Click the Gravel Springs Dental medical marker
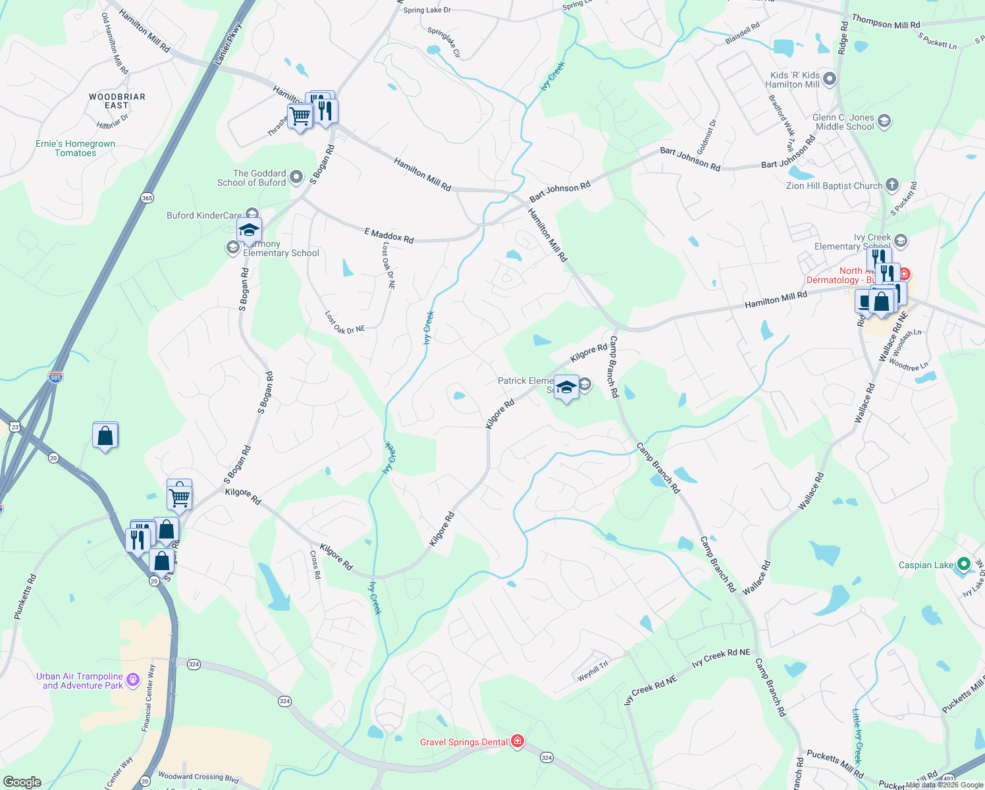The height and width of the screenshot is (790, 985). tap(518, 742)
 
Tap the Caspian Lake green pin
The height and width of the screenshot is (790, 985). tap(963, 564)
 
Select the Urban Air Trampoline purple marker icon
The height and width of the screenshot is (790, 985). tap(133, 679)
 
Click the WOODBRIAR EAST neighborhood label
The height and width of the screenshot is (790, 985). tap(117, 101)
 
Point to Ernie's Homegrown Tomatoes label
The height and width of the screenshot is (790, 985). tap(76, 148)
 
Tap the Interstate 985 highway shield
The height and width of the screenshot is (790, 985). tap(56, 377)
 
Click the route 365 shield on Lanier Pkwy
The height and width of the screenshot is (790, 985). tap(147, 197)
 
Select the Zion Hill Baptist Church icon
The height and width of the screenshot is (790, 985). tap(892, 185)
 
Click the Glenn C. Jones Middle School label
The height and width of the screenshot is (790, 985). tap(844, 122)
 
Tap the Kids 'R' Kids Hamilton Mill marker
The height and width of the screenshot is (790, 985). tap(829, 80)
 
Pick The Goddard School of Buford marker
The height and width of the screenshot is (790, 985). tap(296, 176)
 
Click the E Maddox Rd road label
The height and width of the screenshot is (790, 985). tap(389, 235)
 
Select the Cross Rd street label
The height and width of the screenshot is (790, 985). tap(315, 565)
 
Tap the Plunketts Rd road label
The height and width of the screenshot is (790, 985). tap(26, 596)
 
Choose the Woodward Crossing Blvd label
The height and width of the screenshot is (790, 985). tap(198, 777)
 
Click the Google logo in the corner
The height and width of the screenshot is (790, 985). tap(22, 781)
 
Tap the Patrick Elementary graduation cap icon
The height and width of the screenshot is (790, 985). tap(566, 386)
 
